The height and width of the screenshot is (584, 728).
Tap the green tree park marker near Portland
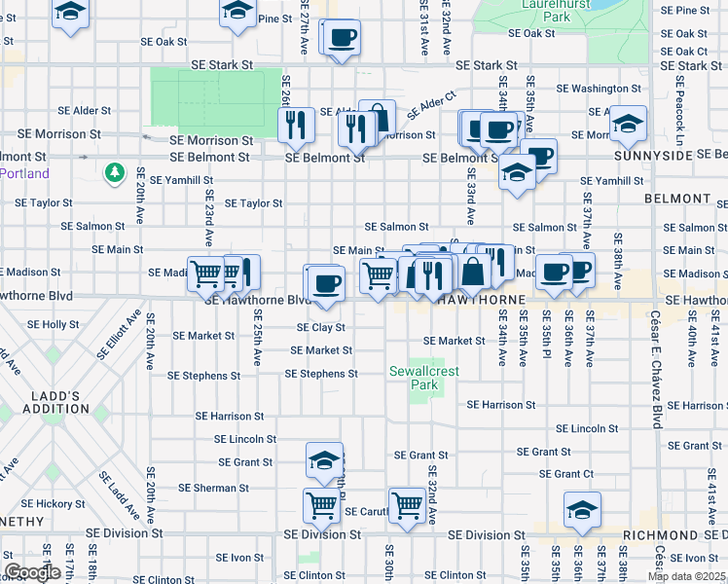pos(115,173)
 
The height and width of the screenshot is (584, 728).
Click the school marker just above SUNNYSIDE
pos(628,124)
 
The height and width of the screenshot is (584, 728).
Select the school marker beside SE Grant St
pos(325,460)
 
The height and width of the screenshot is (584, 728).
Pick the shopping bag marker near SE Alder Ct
pos(378,118)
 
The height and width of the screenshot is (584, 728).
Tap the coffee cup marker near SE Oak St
pos(342,39)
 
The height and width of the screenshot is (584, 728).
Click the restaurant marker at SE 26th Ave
pos(295,125)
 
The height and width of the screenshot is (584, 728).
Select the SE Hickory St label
pos(55,504)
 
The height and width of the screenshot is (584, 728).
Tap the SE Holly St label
pos(54,324)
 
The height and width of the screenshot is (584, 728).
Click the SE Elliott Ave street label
pos(108,333)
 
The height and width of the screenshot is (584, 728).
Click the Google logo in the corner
pos(32,572)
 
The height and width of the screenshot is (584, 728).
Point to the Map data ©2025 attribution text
pos(687,576)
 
